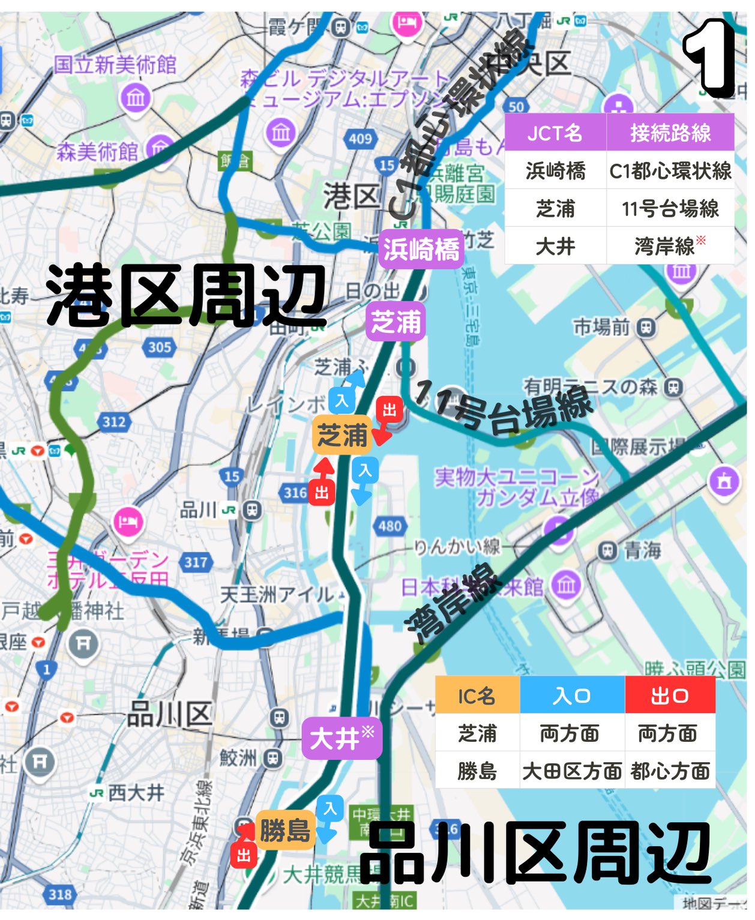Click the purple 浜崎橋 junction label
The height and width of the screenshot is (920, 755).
(421, 248)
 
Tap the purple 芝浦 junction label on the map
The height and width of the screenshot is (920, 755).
(396, 322)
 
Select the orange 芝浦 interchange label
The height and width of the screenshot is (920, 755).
(342, 434)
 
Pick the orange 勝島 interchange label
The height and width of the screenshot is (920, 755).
(285, 831)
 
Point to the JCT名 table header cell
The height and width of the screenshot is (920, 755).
(555, 133)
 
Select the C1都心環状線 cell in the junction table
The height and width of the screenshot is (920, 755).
(670, 171)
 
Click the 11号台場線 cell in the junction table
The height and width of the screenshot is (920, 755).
(670, 209)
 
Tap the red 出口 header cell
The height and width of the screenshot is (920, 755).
(670, 696)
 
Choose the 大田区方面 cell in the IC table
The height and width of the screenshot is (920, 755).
(571, 771)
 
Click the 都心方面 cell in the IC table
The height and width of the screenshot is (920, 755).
(670, 771)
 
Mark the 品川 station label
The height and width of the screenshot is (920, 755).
(198, 510)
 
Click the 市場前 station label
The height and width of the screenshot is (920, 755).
(601, 327)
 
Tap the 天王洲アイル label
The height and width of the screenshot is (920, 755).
(276, 595)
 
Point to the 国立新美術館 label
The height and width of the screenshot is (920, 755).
(115, 64)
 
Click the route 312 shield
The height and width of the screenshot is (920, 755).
(114, 422)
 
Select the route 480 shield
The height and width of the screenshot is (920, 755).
(390, 526)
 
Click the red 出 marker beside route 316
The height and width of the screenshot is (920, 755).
(322, 493)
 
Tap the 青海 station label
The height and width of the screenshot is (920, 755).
(642, 550)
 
